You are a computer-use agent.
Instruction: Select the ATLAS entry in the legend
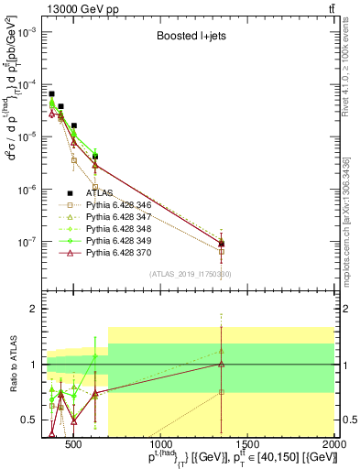point(101,193)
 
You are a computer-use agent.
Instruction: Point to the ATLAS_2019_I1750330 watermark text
point(191,274)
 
